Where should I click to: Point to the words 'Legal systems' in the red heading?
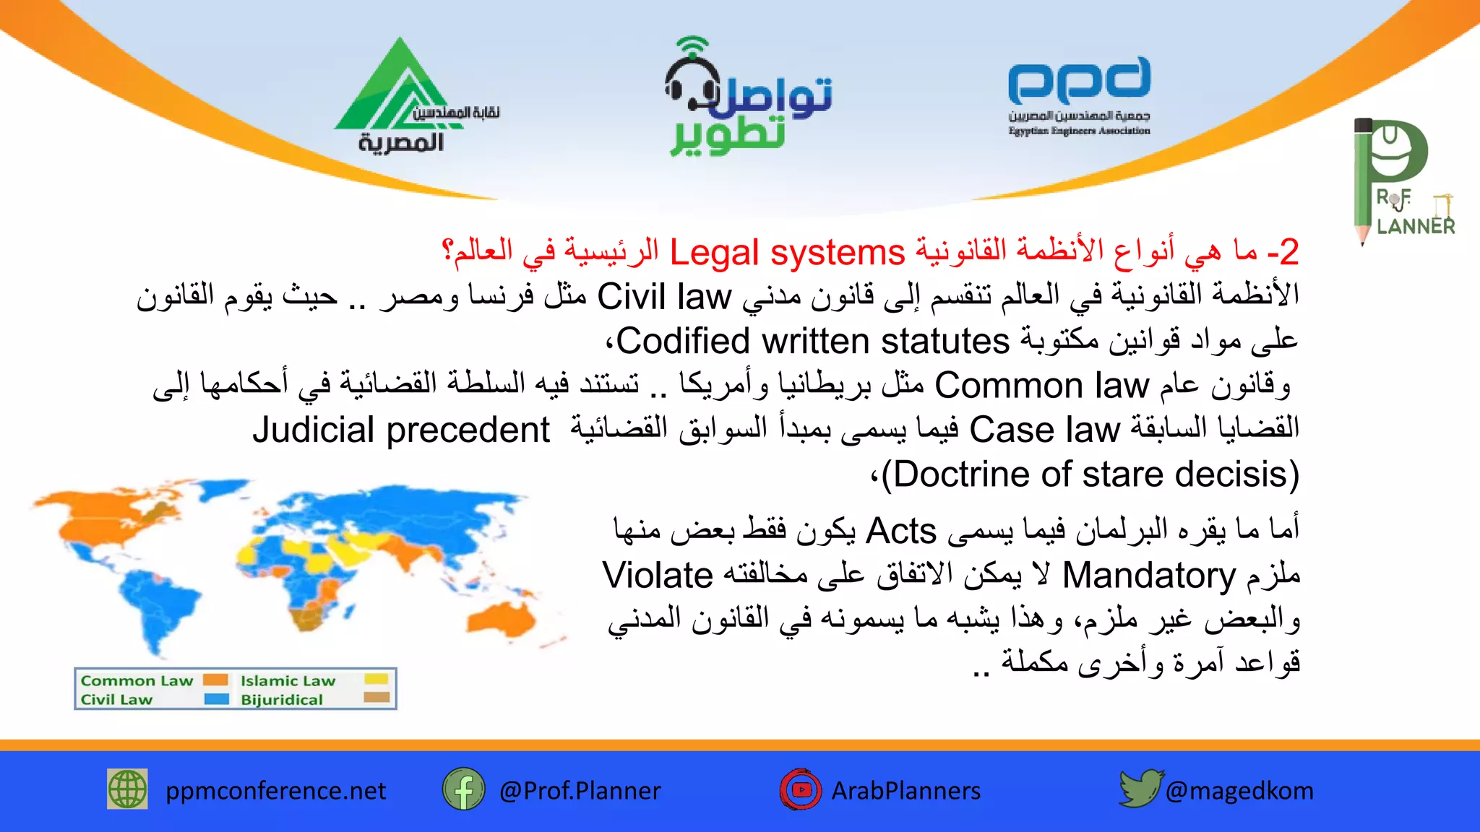tap(787, 253)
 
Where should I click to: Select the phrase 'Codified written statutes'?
tap(812, 341)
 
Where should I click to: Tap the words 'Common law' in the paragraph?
tap(1041, 386)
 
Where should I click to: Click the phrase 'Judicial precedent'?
tap(401, 430)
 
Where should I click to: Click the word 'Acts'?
tap(900, 532)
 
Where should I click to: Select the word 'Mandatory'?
tap(1148, 576)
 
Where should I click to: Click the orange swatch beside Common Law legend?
tap(215, 680)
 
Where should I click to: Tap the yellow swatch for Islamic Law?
tap(377, 679)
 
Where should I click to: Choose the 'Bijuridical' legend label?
tap(282, 699)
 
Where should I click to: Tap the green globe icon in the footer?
tap(127, 789)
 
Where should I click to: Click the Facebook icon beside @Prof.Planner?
tap(463, 789)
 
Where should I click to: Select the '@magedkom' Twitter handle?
tap(1239, 791)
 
